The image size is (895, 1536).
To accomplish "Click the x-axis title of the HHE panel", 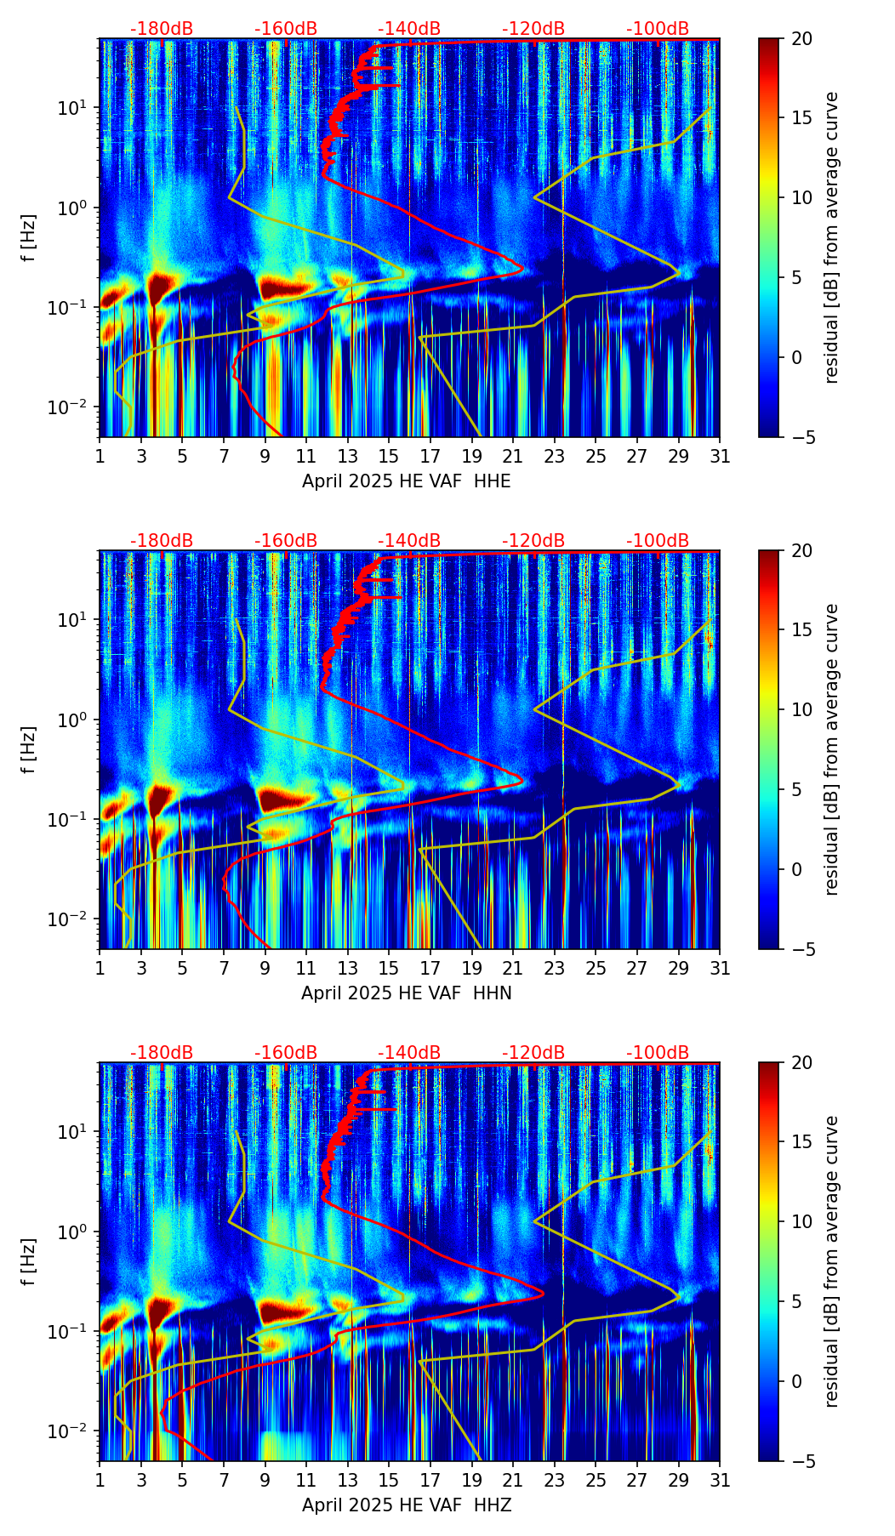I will coord(406,481).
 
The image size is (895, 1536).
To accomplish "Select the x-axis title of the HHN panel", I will coord(406,993).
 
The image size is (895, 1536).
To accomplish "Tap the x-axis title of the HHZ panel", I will coord(406,1505).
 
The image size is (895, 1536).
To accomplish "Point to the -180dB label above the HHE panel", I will coord(162,29).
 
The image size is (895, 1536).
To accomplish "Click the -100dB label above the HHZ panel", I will coord(658,1053).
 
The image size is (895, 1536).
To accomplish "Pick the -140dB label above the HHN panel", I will coord(409,541).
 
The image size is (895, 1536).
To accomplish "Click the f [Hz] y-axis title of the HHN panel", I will coord(29,749).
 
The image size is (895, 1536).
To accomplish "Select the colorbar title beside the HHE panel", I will coord(831,237).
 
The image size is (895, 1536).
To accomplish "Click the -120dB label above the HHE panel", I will coord(533,29).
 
